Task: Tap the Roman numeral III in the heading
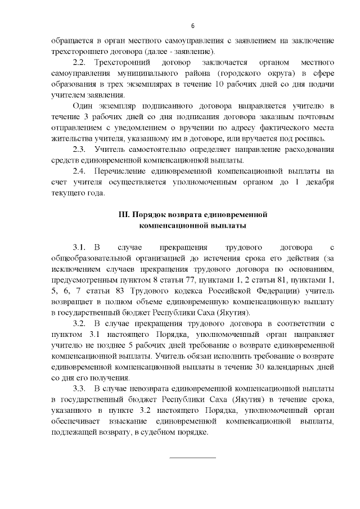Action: pyautogui.click(x=124, y=215)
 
